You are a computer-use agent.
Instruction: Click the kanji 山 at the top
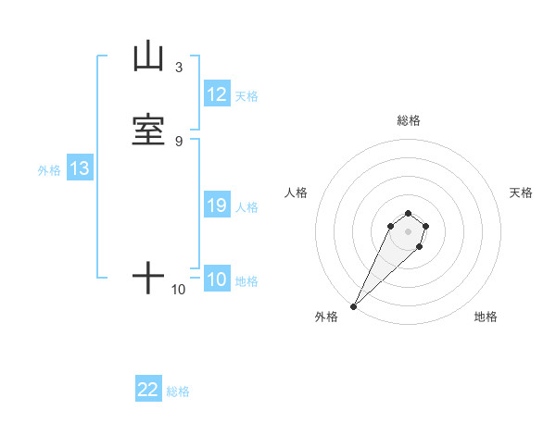click(x=149, y=57)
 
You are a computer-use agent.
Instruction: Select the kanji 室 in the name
click(x=149, y=128)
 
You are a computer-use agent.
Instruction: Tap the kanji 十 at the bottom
click(x=149, y=278)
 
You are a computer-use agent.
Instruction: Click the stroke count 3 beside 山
click(x=178, y=68)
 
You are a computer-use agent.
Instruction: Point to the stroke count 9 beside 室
click(x=178, y=140)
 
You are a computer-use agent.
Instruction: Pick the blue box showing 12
click(x=217, y=94)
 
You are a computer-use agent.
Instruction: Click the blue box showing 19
click(x=217, y=205)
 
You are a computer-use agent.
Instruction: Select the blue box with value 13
click(x=80, y=169)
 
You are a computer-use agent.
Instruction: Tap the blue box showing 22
click(x=148, y=390)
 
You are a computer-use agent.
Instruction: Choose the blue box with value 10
click(x=217, y=280)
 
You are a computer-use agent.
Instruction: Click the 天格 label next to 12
click(x=246, y=96)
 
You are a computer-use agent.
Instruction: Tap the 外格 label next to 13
click(x=49, y=170)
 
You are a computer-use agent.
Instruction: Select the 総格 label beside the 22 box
click(x=178, y=391)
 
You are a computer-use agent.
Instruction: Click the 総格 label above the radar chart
click(x=409, y=120)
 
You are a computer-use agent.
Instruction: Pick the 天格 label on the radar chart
click(x=522, y=193)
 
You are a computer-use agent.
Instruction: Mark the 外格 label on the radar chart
click(x=326, y=317)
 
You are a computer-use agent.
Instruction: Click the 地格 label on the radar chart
click(x=486, y=317)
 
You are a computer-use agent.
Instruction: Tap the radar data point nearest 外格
click(x=353, y=306)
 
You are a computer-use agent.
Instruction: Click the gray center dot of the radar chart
click(x=409, y=231)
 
